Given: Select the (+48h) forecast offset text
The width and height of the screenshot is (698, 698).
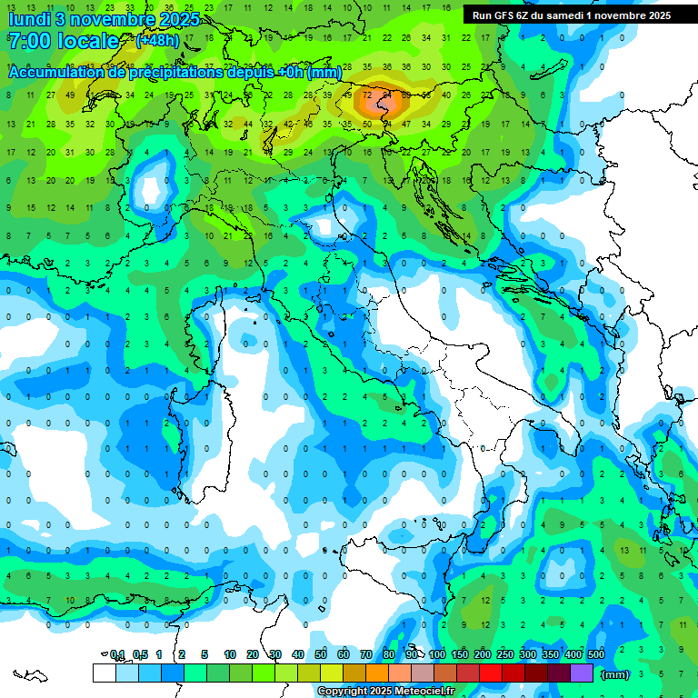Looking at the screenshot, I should point(157,40).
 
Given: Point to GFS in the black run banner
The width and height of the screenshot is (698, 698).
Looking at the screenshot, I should point(507,15).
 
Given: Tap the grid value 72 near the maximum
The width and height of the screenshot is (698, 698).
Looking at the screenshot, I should point(367,95).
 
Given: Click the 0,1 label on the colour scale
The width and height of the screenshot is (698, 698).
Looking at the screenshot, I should point(117,654).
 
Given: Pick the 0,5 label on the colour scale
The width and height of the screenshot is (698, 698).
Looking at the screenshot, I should point(140,654).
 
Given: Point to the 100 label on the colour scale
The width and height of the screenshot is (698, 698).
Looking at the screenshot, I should point(437,654).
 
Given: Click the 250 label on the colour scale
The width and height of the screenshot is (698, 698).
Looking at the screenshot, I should point(505,654).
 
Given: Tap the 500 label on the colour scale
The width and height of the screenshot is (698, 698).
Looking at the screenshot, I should point(595,654).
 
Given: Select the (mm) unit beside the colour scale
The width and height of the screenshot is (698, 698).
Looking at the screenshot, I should point(614,674).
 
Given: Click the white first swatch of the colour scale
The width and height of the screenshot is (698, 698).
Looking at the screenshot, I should point(105,673).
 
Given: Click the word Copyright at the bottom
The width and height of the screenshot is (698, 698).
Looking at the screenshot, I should point(343,692).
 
